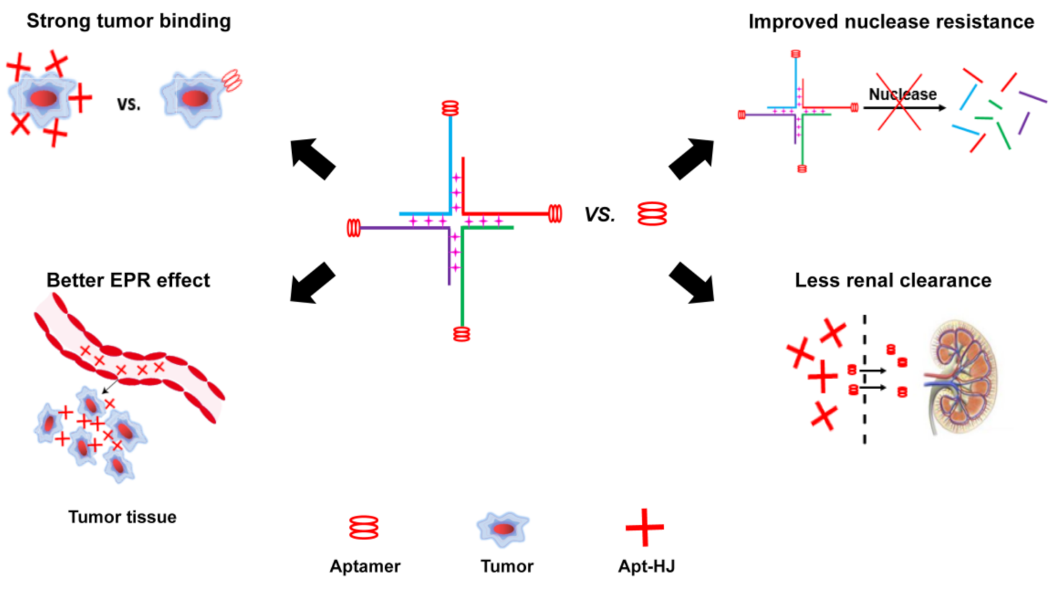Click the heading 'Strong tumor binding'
(128, 21)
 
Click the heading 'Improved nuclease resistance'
(891, 22)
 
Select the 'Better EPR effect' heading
(128, 281)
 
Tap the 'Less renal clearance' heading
(892, 281)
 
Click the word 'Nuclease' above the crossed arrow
(902, 94)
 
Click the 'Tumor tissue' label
(122, 517)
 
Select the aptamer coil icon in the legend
(363, 528)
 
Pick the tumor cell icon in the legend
(504, 529)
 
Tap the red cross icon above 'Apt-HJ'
(645, 528)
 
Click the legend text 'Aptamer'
(365, 566)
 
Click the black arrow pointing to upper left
(313, 159)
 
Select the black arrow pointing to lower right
(692, 283)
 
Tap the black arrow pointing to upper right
(692, 159)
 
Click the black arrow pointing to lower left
(313, 283)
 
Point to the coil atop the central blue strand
(450, 109)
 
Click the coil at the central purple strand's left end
(353, 228)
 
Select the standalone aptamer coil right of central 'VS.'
(652, 214)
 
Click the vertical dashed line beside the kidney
(864, 379)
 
